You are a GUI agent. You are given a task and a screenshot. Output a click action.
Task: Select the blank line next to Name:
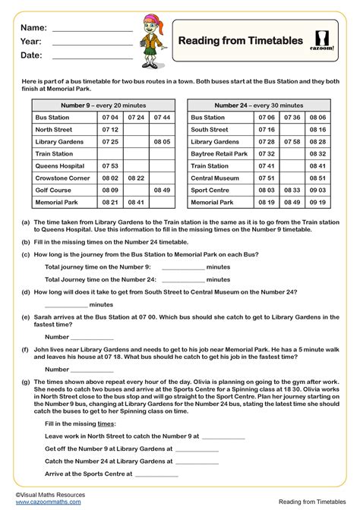click(92, 30)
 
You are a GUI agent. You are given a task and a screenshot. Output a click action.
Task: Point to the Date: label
click(31, 55)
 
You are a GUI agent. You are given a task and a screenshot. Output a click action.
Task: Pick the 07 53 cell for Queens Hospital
click(110, 165)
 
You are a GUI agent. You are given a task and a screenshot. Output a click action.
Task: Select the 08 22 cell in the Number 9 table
click(136, 177)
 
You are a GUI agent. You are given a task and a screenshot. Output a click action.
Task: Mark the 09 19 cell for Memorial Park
click(317, 203)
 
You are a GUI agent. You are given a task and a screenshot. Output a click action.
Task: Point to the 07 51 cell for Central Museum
click(265, 178)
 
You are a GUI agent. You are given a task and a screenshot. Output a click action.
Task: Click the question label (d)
click(26, 291)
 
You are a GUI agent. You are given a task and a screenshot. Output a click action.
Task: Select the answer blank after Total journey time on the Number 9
click(183, 267)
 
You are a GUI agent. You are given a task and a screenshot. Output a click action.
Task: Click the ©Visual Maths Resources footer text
click(49, 493)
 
